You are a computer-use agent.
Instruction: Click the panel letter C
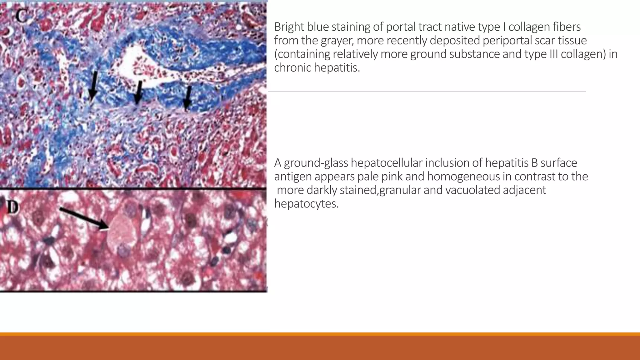click(x=21, y=16)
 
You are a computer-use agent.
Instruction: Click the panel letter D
click(x=12, y=207)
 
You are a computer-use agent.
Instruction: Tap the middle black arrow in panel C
click(x=138, y=92)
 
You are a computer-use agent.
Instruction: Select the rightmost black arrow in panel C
click(x=187, y=98)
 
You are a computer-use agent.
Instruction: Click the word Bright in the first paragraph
click(x=289, y=27)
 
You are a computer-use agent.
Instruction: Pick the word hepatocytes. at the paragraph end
click(x=306, y=204)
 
